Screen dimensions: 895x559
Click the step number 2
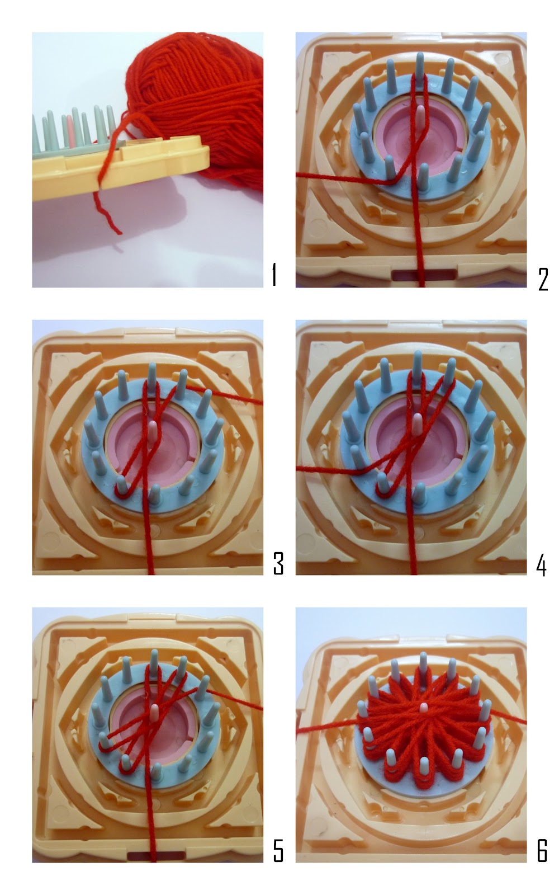543,278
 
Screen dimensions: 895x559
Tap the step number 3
278,563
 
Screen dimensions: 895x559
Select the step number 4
541,563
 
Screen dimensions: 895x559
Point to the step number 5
278,851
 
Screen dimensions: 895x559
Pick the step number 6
542,851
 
